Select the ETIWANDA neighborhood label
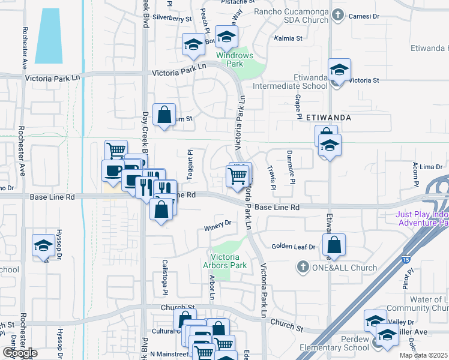pos(328,118)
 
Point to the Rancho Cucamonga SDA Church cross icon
pos(339,15)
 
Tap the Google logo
pos(19,353)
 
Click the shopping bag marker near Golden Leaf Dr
pos(334,245)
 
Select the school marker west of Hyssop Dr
pos(43,245)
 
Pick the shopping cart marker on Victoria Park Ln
pos(237,176)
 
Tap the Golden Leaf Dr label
pos(293,247)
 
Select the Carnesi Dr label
pos(364,17)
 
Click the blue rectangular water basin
pos(49,36)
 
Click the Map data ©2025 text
pos(423,355)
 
